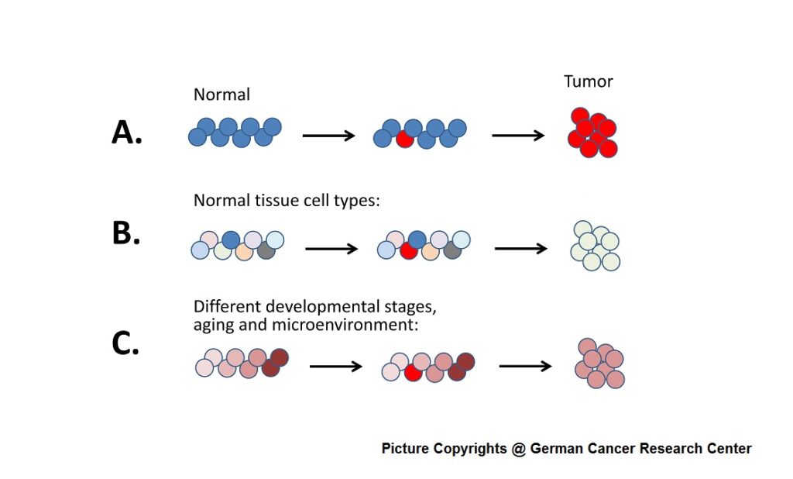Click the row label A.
pyautogui.click(x=127, y=133)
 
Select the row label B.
pyautogui.click(x=125, y=233)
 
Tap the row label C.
pyautogui.click(x=125, y=343)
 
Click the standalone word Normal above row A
pyautogui.click(x=221, y=95)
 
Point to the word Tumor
pyautogui.click(x=588, y=81)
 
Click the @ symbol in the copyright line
pyautogui.click(x=518, y=449)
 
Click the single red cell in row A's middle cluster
pyautogui.click(x=404, y=140)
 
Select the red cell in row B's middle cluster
pyautogui.click(x=409, y=251)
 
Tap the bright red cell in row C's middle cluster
pyautogui.click(x=413, y=373)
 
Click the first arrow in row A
pyautogui.click(x=328, y=136)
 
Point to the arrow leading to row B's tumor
pyautogui.click(x=520, y=249)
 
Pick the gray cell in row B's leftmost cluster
pyautogui.click(x=266, y=250)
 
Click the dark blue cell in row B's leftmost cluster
pyautogui.click(x=231, y=239)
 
